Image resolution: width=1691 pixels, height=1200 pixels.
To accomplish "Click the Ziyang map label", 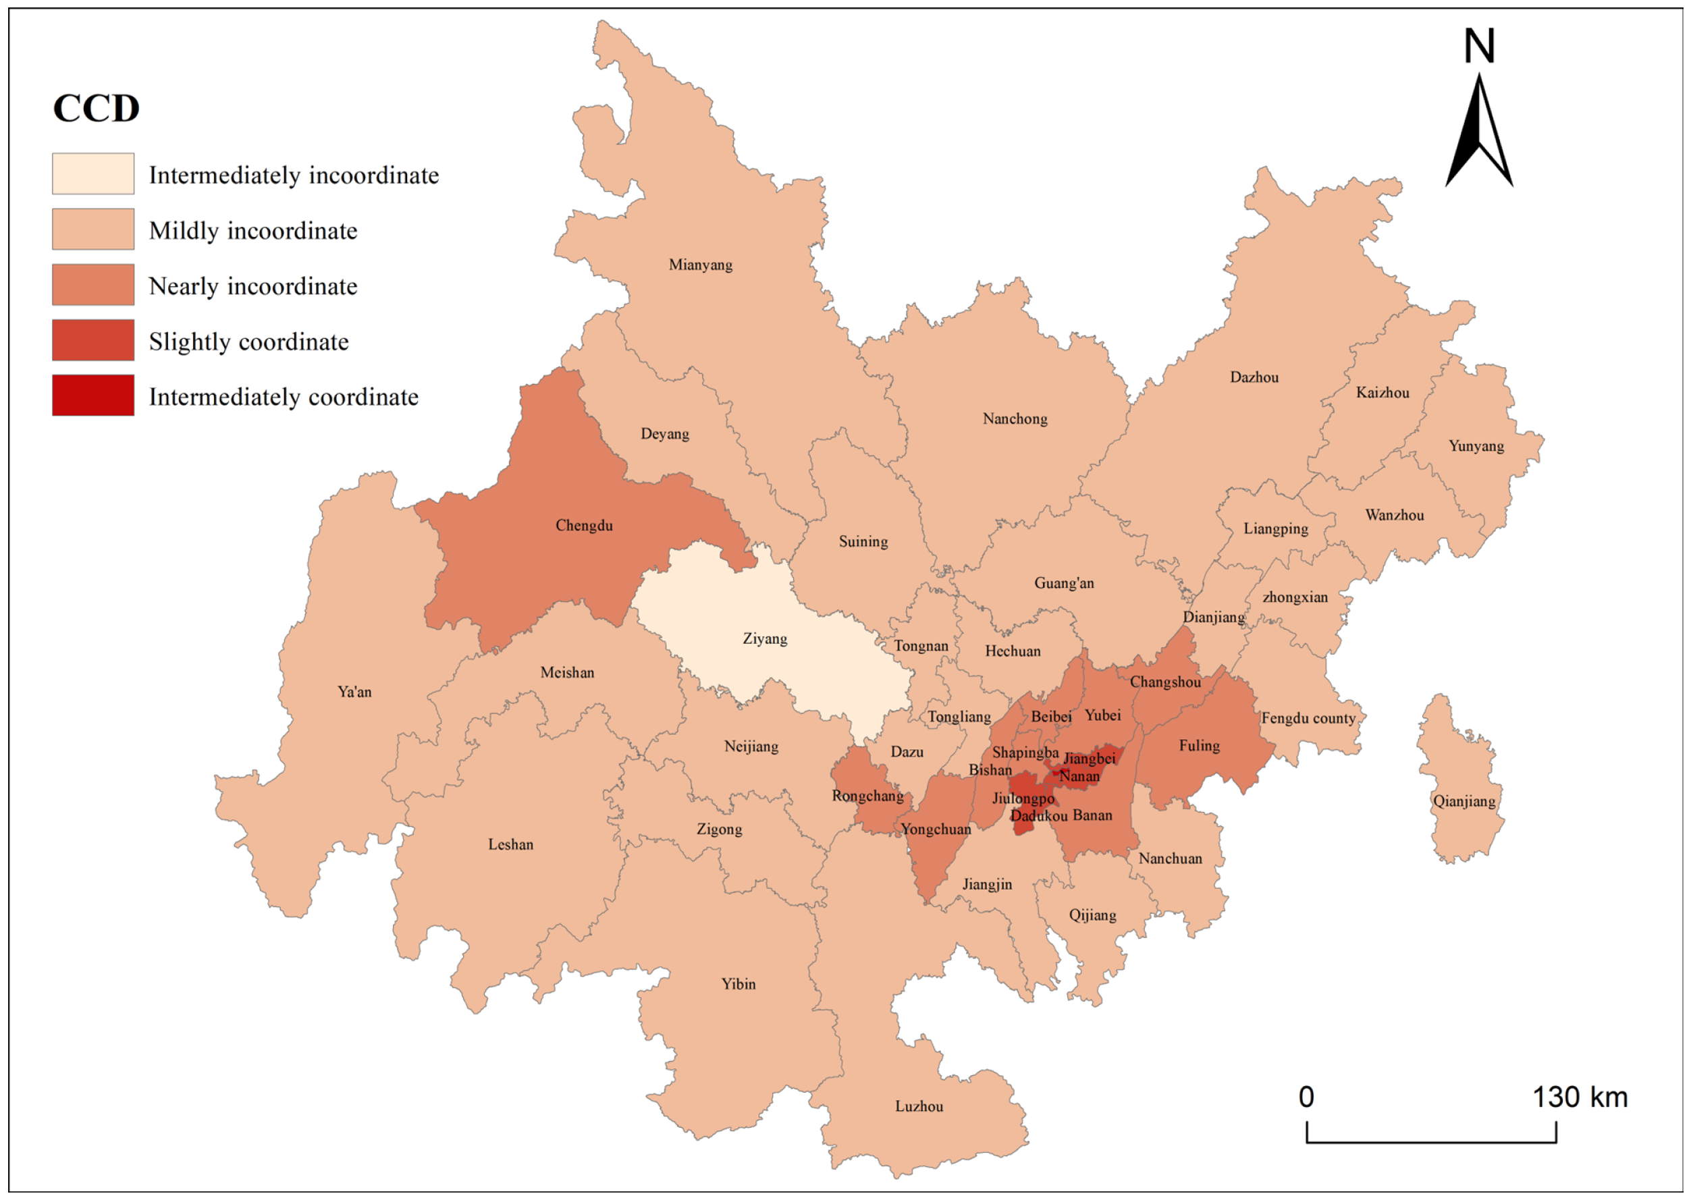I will pos(764,638).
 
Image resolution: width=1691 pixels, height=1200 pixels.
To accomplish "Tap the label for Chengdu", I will pos(584,525).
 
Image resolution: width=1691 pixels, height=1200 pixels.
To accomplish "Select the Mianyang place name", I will pos(700,265).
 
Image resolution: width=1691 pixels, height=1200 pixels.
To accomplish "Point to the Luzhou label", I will pos(919,1106).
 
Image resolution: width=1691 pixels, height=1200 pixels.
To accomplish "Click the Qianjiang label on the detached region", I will pos(1464,801).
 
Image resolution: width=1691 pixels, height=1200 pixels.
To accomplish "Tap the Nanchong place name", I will pos(1015,419).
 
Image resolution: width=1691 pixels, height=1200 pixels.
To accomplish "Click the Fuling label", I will pos(1199,746).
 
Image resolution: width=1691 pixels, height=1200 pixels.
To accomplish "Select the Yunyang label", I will pos(1475,445).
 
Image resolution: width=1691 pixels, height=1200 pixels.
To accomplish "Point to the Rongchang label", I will pos(867,796).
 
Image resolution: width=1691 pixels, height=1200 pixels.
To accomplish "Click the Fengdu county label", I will pos(1308,718).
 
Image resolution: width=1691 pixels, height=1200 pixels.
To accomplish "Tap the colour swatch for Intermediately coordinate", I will pos(93,396).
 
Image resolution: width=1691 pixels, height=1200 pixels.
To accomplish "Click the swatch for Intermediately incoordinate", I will pos(93,173).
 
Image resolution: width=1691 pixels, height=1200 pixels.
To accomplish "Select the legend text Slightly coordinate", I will pos(248,342).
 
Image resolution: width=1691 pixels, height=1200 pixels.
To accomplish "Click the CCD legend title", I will pos(96,109).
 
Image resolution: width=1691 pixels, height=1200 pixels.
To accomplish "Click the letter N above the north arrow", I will pos(1479,46).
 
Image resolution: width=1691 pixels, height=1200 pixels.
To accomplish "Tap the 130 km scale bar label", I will pos(1580,1097).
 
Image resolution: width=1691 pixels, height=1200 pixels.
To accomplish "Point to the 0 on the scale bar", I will pos(1306,1097).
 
